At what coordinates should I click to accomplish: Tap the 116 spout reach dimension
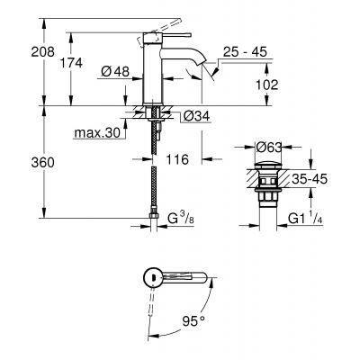point(177,158)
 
